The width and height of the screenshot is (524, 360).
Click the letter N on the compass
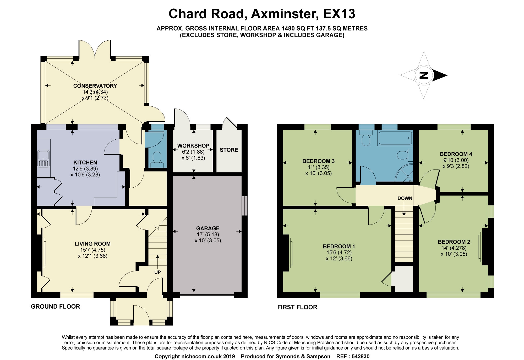click(x=424, y=75)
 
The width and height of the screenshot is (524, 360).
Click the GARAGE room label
click(x=208, y=228)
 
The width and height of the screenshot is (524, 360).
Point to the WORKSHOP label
click(x=193, y=146)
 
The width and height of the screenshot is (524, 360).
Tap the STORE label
click(x=229, y=150)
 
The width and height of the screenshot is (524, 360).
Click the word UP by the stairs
click(x=157, y=272)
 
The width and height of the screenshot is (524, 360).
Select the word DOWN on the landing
click(x=405, y=198)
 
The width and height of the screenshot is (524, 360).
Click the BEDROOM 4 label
click(x=456, y=154)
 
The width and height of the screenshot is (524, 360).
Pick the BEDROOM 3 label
click(x=318, y=161)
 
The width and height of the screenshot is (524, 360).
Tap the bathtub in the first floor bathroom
click(x=395, y=138)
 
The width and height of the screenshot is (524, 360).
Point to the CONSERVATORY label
click(x=95, y=86)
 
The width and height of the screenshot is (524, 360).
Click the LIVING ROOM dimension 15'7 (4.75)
click(x=93, y=250)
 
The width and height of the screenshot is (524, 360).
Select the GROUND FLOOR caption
click(x=55, y=307)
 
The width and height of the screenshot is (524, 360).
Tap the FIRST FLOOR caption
click(x=297, y=307)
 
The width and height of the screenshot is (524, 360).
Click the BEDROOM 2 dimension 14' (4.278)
click(x=454, y=248)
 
